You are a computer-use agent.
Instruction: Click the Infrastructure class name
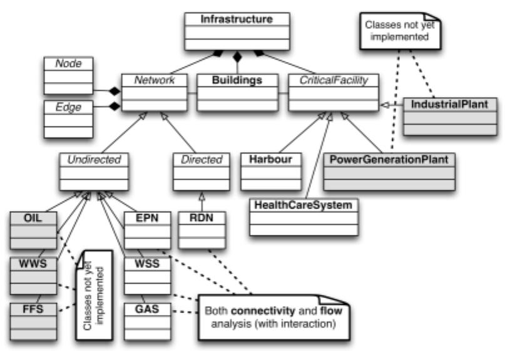pos(237,19)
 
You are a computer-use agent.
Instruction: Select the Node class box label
pos(67,64)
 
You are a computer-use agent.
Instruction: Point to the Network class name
pos(153,80)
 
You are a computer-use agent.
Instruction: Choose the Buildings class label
pos(236,80)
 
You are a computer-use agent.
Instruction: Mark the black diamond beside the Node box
pos(115,92)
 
